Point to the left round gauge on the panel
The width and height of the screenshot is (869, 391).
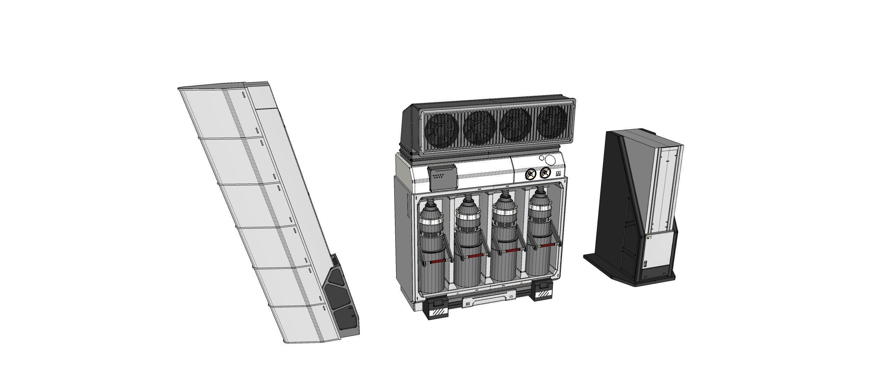(x=529, y=174)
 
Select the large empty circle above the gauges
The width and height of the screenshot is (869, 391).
(x=551, y=160)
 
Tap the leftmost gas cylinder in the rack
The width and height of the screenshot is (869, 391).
(x=431, y=242)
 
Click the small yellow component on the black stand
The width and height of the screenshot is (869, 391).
(x=649, y=238)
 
